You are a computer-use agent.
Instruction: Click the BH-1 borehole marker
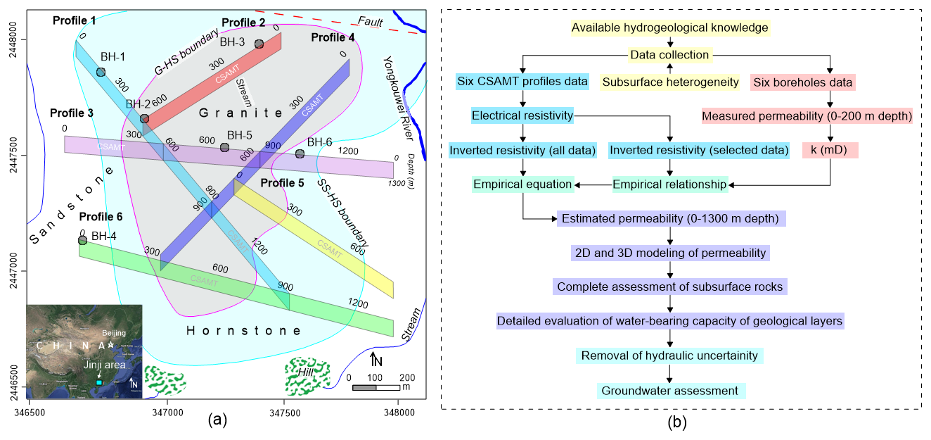pos(101,73)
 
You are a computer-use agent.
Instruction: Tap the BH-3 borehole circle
pos(259,44)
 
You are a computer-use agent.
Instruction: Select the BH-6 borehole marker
pos(300,153)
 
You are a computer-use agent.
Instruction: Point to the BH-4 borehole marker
pos(82,240)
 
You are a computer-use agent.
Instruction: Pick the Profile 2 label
pos(243,23)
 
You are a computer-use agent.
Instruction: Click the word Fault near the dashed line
pos(370,22)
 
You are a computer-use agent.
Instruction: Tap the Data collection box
pos(669,55)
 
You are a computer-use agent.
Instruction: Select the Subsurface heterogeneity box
pos(670,82)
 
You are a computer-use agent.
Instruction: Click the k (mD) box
pos(830,149)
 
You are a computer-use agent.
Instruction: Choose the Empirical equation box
pos(523,184)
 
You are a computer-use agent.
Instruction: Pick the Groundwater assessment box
pos(669,391)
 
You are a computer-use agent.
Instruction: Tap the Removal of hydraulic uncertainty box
pos(669,356)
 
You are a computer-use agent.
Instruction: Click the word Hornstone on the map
pos(244,331)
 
